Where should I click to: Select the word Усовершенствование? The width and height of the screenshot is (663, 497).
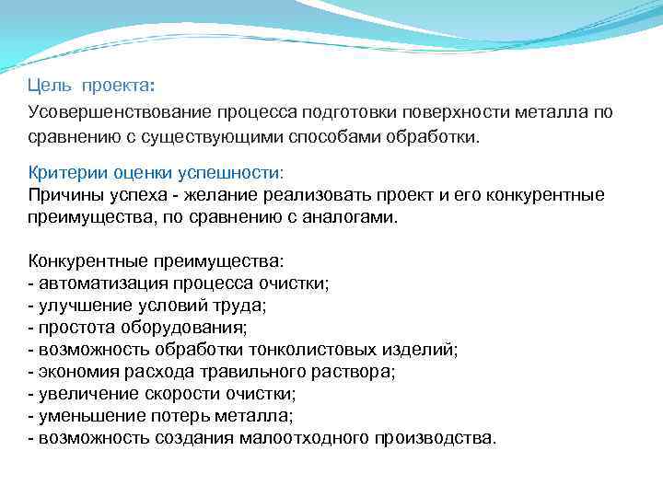[119, 112]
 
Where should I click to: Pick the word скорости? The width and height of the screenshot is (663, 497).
[179, 393]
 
